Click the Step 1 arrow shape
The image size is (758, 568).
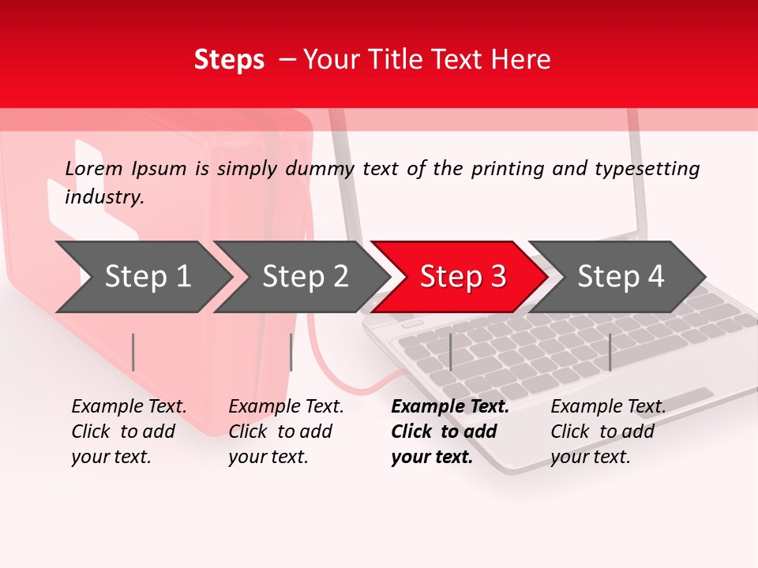(146, 276)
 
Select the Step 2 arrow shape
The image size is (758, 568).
(304, 276)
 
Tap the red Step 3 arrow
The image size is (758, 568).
(462, 276)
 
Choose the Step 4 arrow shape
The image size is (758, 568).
(620, 276)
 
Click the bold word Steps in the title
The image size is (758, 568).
(229, 60)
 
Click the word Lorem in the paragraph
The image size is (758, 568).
(94, 169)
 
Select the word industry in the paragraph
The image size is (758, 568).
(104, 198)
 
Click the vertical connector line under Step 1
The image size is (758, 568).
(133, 352)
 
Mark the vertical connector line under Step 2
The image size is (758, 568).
(291, 352)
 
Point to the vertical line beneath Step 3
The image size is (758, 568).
(450, 352)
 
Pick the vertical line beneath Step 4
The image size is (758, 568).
(610, 352)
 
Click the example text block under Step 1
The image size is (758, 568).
(129, 432)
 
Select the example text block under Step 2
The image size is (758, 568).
(286, 432)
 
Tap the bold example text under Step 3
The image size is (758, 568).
(449, 432)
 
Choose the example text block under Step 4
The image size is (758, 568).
(608, 432)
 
